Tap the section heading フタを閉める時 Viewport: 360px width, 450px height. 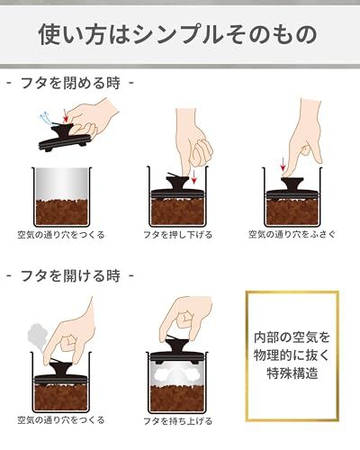[70, 83]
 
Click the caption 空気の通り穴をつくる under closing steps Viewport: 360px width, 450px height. [61, 235]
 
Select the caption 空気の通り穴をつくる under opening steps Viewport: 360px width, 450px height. [61, 420]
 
